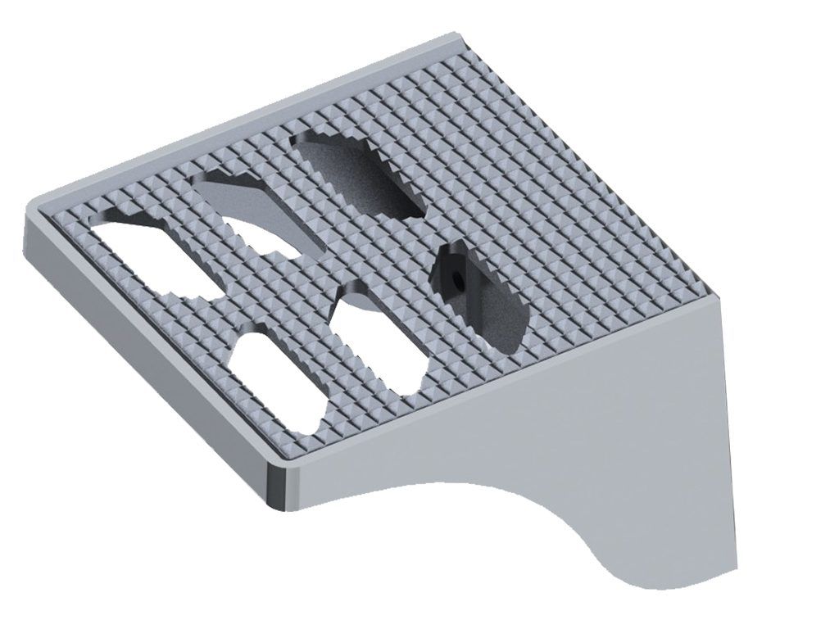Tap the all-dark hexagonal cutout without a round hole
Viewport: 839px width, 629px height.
361,174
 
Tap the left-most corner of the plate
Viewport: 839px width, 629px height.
28,215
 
